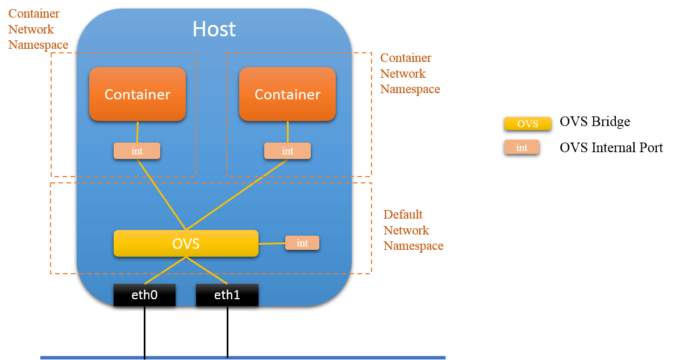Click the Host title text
coord(214,29)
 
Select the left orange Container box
coord(137,94)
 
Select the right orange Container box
coord(287,94)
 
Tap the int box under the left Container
coord(137,150)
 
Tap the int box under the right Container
coord(287,150)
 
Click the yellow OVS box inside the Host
coord(186,243)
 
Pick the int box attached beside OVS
coord(302,243)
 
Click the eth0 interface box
coord(144,295)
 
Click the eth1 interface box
coord(227,295)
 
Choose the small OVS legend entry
coord(528,124)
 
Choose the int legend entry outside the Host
coord(522,147)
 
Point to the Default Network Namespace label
coord(413,230)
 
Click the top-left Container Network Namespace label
coord(37,29)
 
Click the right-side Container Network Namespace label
coord(410,74)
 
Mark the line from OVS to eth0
coord(165,270)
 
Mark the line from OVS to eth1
coord(207,271)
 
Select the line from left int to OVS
coord(160,193)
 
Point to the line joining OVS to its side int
coord(272,244)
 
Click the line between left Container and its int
coord(137,132)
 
